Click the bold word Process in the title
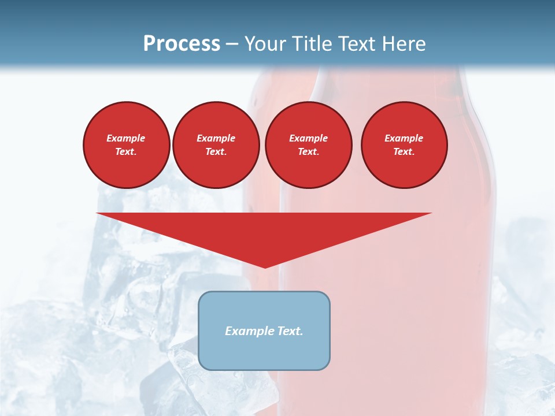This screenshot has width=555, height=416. [x=182, y=44]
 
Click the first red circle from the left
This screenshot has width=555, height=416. [x=126, y=145]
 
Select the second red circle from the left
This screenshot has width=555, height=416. [x=216, y=145]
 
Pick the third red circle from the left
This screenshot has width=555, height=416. [x=308, y=145]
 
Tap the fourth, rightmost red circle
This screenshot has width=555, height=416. [x=404, y=145]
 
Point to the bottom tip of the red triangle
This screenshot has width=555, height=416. [x=265, y=266]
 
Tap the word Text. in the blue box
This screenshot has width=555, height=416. [x=288, y=331]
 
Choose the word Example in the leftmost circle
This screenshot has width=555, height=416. [x=126, y=138]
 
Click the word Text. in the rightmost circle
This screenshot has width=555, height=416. [x=404, y=151]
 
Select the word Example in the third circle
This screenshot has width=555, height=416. [x=308, y=138]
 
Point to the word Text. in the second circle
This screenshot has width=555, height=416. [x=216, y=151]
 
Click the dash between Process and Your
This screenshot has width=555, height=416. [x=232, y=44]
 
